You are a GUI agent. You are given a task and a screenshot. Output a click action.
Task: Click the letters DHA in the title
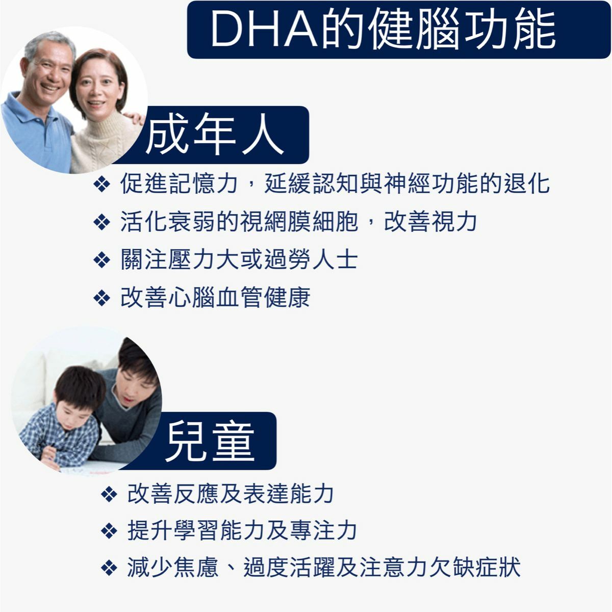tap(264, 29)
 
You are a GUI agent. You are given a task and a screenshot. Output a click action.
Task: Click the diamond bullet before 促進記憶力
tap(102, 185)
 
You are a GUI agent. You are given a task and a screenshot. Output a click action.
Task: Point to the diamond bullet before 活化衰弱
tap(102, 223)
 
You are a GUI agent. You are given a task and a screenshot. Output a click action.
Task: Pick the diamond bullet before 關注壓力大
tap(102, 261)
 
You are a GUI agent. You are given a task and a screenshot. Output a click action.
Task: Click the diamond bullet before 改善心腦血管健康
tap(102, 298)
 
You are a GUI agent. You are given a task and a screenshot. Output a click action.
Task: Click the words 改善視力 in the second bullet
tap(430, 222)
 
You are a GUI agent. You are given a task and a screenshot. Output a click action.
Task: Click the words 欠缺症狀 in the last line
tap(475, 567)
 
